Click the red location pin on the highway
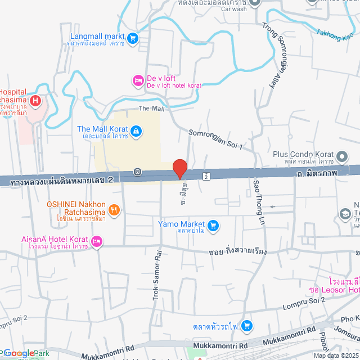coord(179,168)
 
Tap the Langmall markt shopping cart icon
coord(133,38)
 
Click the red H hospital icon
coord(35,101)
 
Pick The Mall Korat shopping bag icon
coord(136,133)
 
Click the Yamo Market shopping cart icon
coord(213,226)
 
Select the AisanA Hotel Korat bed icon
coord(97,242)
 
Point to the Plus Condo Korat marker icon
coord(343,155)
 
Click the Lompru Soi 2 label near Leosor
coord(304,303)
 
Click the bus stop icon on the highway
coord(138,171)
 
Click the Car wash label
coord(233,9)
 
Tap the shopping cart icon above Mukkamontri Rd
coord(247,326)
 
